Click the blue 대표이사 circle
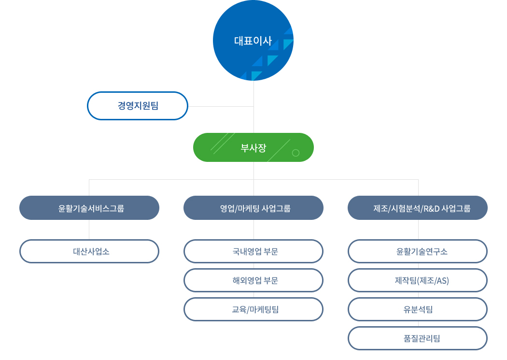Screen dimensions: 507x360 coord(253,41)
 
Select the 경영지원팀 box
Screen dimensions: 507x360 coord(138,106)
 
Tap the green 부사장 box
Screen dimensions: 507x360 coord(253,147)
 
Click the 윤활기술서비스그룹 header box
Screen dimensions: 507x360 coord(89,208)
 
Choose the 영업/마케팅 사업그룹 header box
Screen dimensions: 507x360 coord(253,208)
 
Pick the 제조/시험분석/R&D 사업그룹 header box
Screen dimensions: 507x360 coord(418,208)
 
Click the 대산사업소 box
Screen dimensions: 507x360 coord(89,251)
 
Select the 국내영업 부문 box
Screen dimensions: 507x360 coord(253,251)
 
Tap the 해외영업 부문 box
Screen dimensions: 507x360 coord(253,280)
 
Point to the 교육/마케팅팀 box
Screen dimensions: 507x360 coord(253,310)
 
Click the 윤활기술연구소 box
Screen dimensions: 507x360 coord(418,251)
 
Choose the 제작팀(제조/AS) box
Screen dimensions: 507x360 coord(418,280)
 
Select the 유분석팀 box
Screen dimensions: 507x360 coord(418,310)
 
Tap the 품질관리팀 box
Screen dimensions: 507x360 coord(418,338)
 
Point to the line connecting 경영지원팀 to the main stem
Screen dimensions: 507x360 coord(221,106)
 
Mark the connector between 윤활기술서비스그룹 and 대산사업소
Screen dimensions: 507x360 coord(89,230)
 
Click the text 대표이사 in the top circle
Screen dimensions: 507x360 coord(253,41)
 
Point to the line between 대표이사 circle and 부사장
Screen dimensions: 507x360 coord(254,107)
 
